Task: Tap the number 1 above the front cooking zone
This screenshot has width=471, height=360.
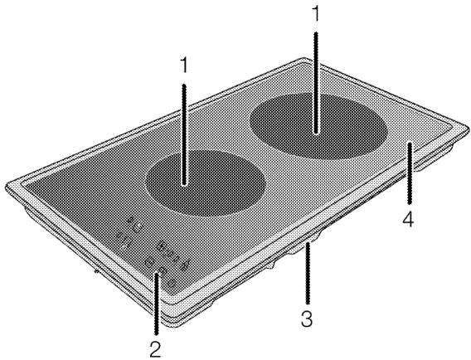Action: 184,65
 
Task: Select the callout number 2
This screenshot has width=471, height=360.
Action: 156,349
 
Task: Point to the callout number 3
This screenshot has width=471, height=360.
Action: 307,319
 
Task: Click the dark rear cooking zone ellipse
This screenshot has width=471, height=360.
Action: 318,126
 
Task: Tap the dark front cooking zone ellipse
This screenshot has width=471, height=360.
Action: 206,182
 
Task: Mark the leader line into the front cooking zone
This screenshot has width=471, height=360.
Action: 184,134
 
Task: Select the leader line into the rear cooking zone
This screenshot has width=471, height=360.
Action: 315,82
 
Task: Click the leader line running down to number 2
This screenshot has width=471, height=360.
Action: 156,302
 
